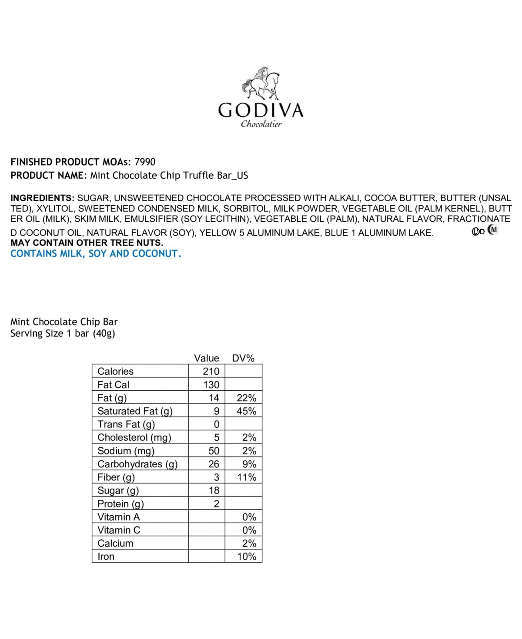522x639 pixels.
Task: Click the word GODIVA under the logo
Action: (261, 110)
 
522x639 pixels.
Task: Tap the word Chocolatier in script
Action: (261, 124)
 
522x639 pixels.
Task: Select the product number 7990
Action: (145, 162)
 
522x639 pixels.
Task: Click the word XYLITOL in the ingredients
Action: (55, 209)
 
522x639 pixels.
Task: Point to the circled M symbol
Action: (492, 230)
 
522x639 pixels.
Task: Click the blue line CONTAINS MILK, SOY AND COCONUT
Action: (96, 254)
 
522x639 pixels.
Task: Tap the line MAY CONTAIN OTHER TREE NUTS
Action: (87, 243)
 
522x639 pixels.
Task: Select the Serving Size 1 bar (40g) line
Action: (63, 334)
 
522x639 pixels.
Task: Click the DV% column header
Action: (243, 358)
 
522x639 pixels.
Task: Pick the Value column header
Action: (207, 358)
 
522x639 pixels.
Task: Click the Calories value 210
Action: (211, 371)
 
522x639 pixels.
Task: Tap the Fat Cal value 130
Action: (211, 385)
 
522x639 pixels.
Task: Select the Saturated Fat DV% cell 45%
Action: (246, 411)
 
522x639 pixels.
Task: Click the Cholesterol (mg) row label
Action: (134, 438)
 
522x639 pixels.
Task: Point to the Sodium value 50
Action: (214, 451)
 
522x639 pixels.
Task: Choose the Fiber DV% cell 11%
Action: (246, 477)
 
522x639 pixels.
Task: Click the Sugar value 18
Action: (214, 490)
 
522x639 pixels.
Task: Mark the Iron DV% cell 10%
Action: (246, 557)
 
